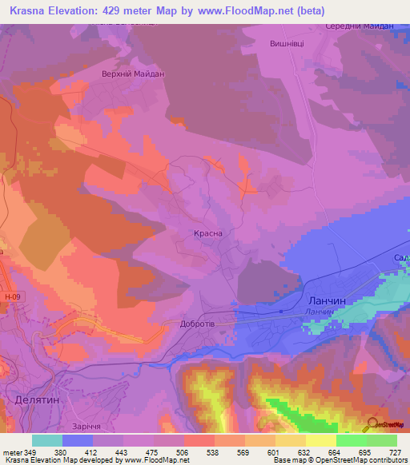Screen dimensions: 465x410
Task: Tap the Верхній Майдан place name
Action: coord(132,74)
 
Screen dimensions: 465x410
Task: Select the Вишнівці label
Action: coord(287,45)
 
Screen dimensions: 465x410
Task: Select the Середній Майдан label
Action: coord(360,26)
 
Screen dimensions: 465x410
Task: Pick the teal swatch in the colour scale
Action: coord(47,440)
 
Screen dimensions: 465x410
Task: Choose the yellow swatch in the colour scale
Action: coord(321,440)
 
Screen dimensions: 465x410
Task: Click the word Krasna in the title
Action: coord(29,10)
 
